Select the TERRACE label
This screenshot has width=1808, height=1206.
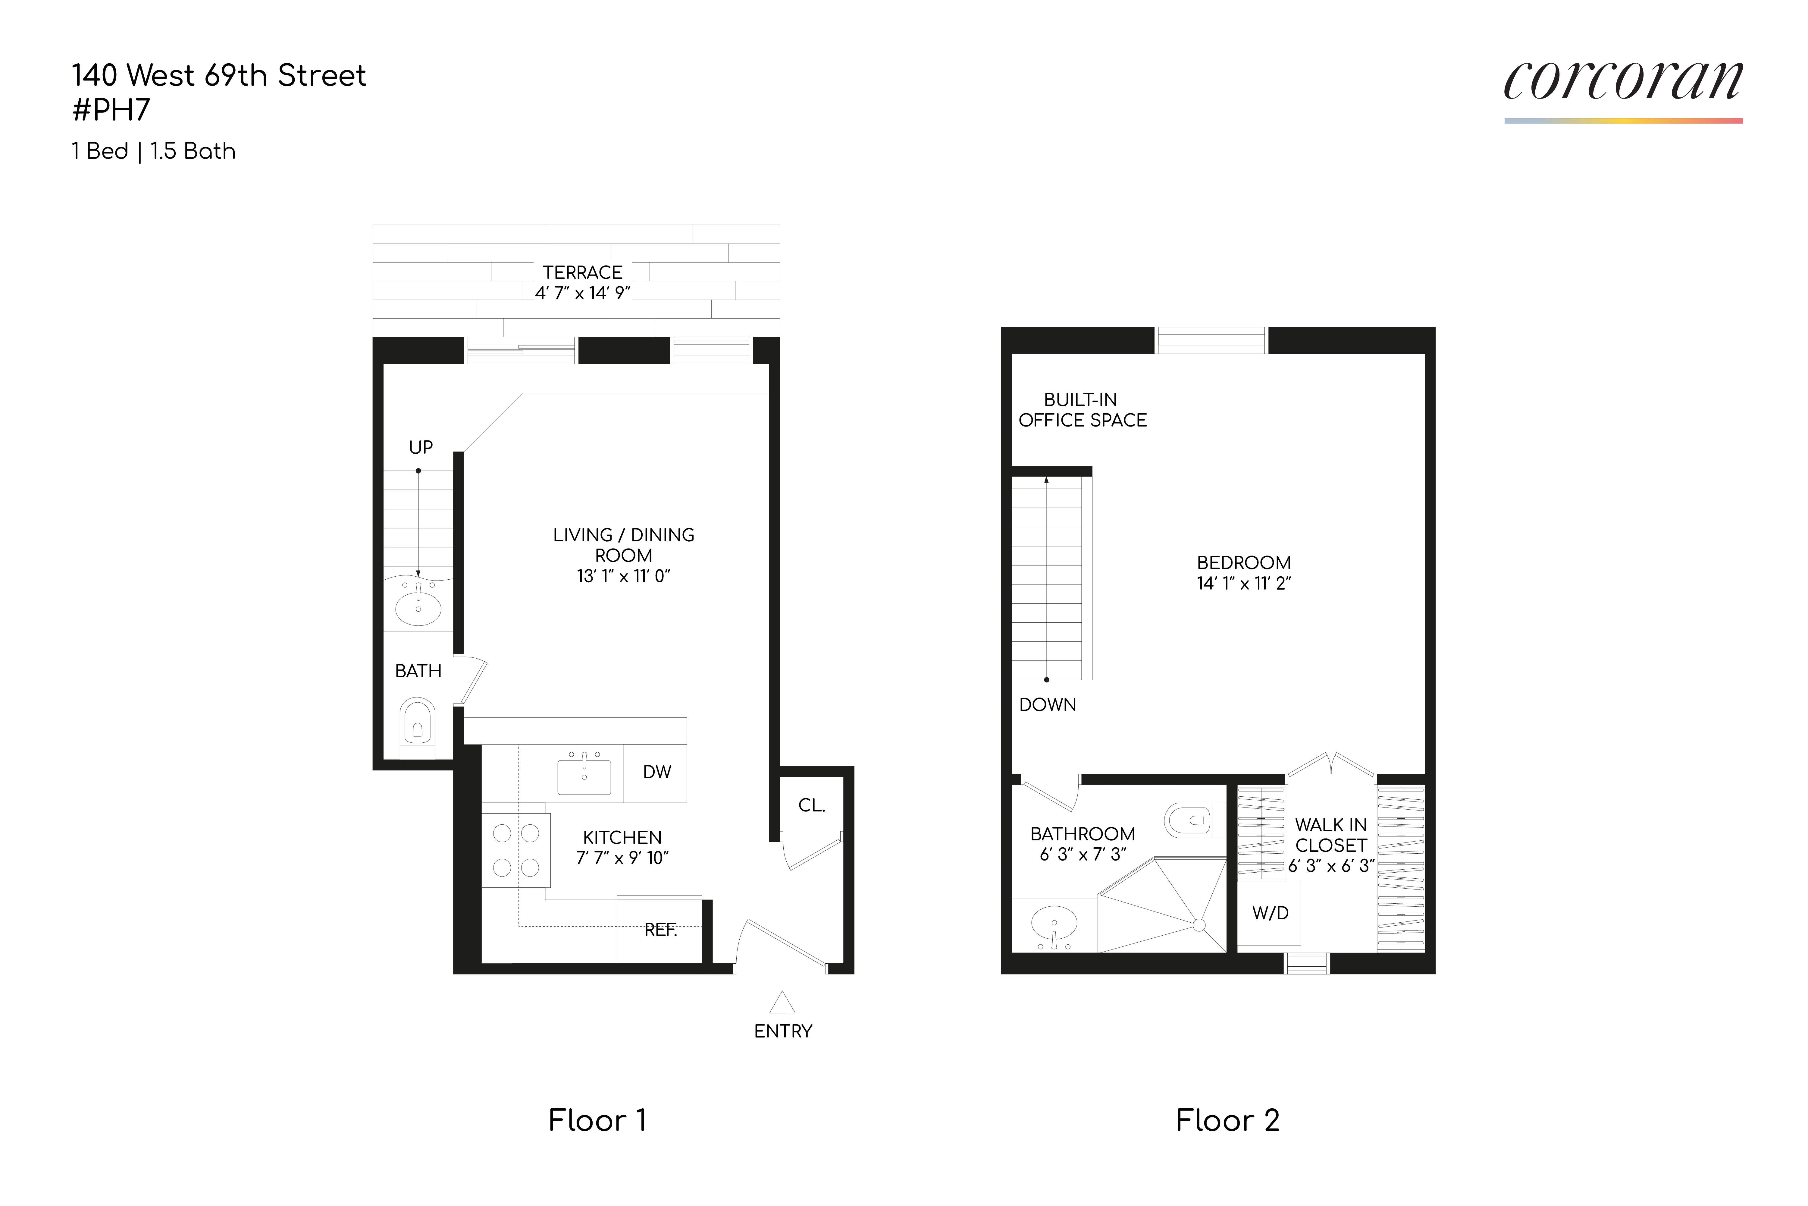582,272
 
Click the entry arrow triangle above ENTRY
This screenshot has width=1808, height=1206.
782,1002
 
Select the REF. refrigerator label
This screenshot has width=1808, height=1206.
660,930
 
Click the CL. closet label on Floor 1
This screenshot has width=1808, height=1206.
811,805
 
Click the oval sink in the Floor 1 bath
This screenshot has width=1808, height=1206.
418,608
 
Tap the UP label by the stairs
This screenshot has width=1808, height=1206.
421,447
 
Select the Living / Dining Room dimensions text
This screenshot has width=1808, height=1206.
623,576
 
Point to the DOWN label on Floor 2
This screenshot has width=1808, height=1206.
1047,704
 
